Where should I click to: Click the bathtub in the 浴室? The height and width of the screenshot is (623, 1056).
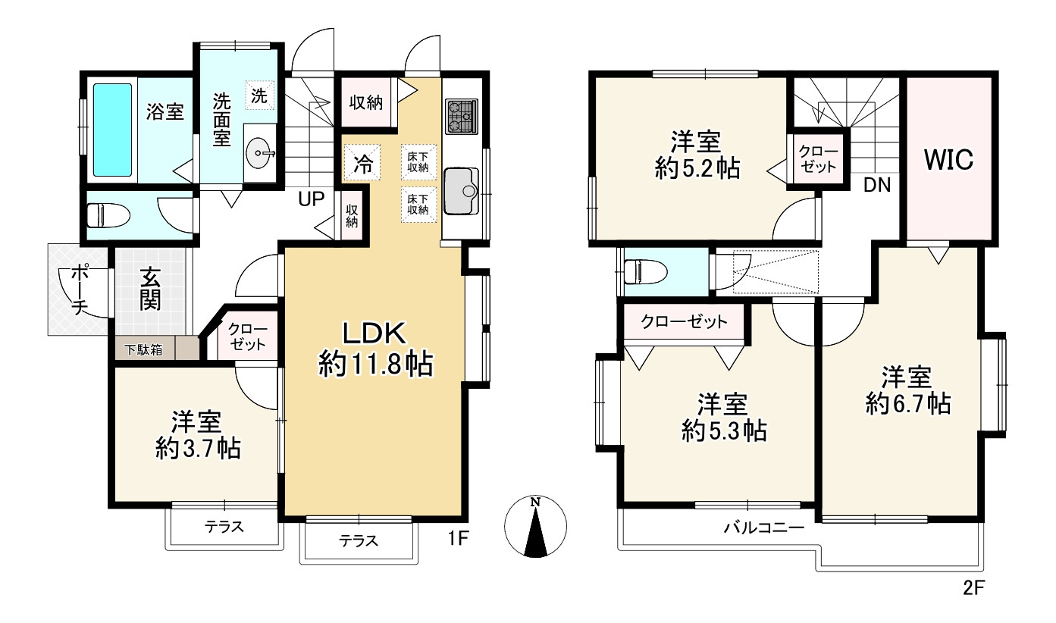(x=112, y=130)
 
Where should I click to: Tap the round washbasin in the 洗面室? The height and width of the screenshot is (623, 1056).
(x=259, y=152)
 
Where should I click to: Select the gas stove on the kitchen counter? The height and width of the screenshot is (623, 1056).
(x=462, y=117)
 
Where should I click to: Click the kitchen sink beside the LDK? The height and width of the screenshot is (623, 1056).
(x=462, y=191)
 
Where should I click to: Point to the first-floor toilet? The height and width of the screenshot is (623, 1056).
(x=109, y=215)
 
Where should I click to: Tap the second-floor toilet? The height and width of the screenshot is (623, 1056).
(x=645, y=272)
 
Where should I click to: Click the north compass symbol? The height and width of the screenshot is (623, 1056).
(x=535, y=526)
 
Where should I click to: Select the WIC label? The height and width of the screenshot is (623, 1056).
(x=948, y=159)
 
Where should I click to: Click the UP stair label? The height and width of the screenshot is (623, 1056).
(x=311, y=199)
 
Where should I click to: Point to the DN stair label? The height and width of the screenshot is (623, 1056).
(x=877, y=185)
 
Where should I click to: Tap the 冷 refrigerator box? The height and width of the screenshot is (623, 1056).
(x=362, y=163)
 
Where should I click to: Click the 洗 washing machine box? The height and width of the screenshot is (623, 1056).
(x=259, y=95)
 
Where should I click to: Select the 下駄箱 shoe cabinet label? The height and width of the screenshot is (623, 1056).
(x=144, y=349)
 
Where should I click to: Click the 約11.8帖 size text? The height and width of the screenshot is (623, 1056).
(x=376, y=365)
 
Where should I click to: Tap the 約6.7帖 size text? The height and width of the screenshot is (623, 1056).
(x=908, y=404)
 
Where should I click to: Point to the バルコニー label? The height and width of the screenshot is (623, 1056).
(x=764, y=528)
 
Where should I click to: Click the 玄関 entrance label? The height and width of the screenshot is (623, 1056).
(x=150, y=289)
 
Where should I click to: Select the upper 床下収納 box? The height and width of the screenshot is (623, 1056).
(x=418, y=162)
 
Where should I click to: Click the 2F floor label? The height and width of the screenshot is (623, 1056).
(x=973, y=587)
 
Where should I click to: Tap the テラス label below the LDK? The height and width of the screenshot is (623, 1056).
(x=359, y=540)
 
